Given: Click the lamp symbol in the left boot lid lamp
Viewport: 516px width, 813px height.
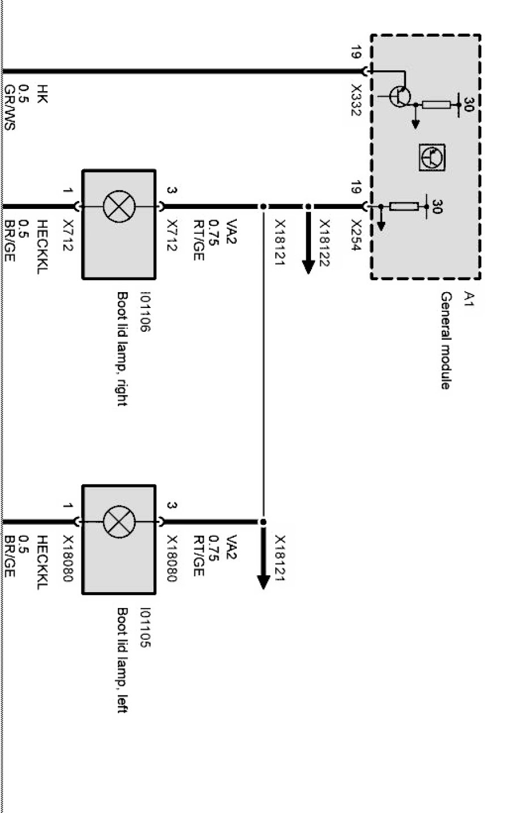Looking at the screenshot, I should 119,521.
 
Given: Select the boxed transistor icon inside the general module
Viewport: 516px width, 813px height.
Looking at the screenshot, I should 432,158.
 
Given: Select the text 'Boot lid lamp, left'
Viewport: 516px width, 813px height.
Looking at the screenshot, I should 121,660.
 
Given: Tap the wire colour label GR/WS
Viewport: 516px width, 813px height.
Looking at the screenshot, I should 9,108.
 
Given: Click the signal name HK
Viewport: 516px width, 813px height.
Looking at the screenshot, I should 42,93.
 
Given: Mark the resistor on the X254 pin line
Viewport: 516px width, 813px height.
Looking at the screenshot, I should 404,206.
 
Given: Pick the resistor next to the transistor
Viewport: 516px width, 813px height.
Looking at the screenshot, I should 437,105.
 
